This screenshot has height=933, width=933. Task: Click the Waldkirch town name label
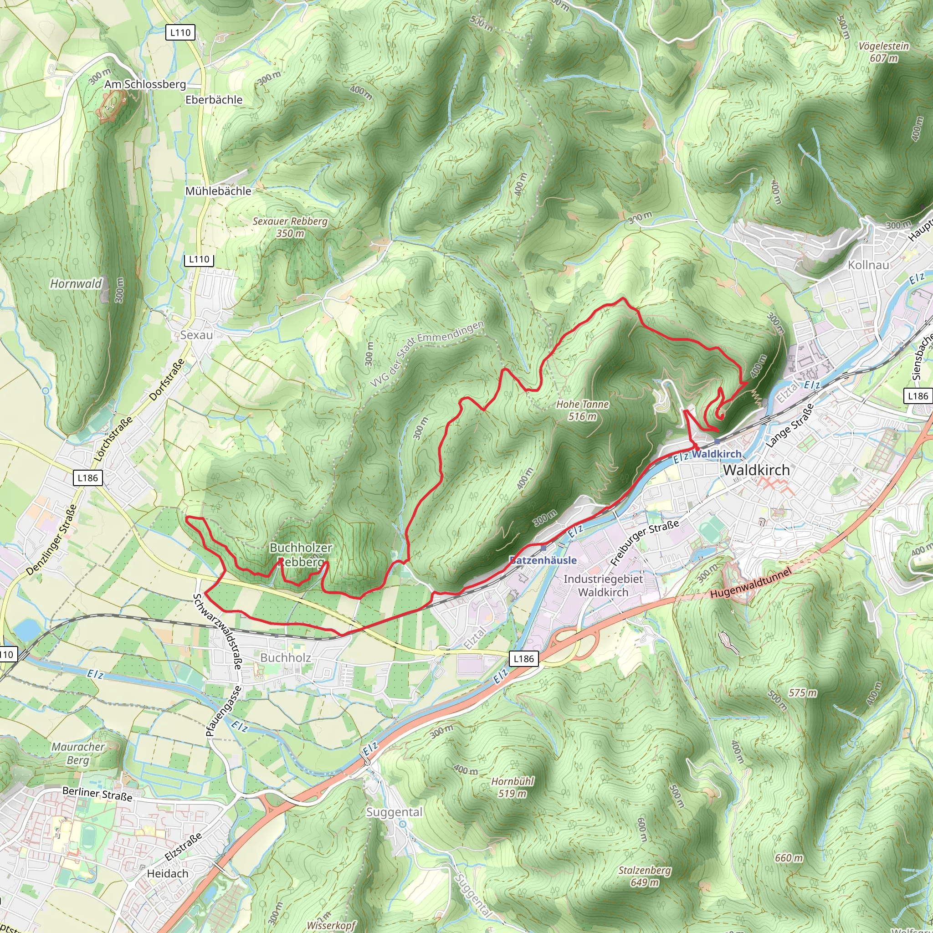pyautogui.click(x=756, y=470)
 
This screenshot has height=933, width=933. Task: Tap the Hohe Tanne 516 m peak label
pyautogui.click(x=582, y=410)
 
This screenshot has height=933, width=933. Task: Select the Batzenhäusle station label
pyautogui.click(x=543, y=560)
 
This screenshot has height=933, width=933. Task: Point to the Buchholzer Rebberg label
pyautogui.click(x=301, y=554)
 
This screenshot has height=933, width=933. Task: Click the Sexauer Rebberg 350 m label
pyautogui.click(x=290, y=227)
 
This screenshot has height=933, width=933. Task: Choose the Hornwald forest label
pyautogui.click(x=76, y=283)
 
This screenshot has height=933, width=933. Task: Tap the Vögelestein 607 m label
pyautogui.click(x=884, y=52)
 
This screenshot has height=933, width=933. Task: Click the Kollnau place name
pyautogui.click(x=868, y=265)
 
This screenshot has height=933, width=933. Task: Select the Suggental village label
pyautogui.click(x=394, y=812)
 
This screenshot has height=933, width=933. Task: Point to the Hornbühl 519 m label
pyautogui.click(x=513, y=787)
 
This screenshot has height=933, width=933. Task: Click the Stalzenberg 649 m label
pyautogui.click(x=645, y=876)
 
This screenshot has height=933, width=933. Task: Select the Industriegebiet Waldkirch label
pyautogui.click(x=603, y=585)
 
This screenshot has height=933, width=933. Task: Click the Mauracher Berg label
pyautogui.click(x=78, y=754)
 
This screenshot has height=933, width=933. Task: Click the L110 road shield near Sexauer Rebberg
pyautogui.click(x=199, y=259)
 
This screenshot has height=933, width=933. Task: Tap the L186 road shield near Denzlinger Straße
pyautogui.click(x=88, y=477)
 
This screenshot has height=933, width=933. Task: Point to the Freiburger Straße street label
pyautogui.click(x=644, y=542)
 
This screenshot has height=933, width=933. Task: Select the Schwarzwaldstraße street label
pyautogui.click(x=217, y=631)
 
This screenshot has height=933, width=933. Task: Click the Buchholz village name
pyautogui.click(x=285, y=658)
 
